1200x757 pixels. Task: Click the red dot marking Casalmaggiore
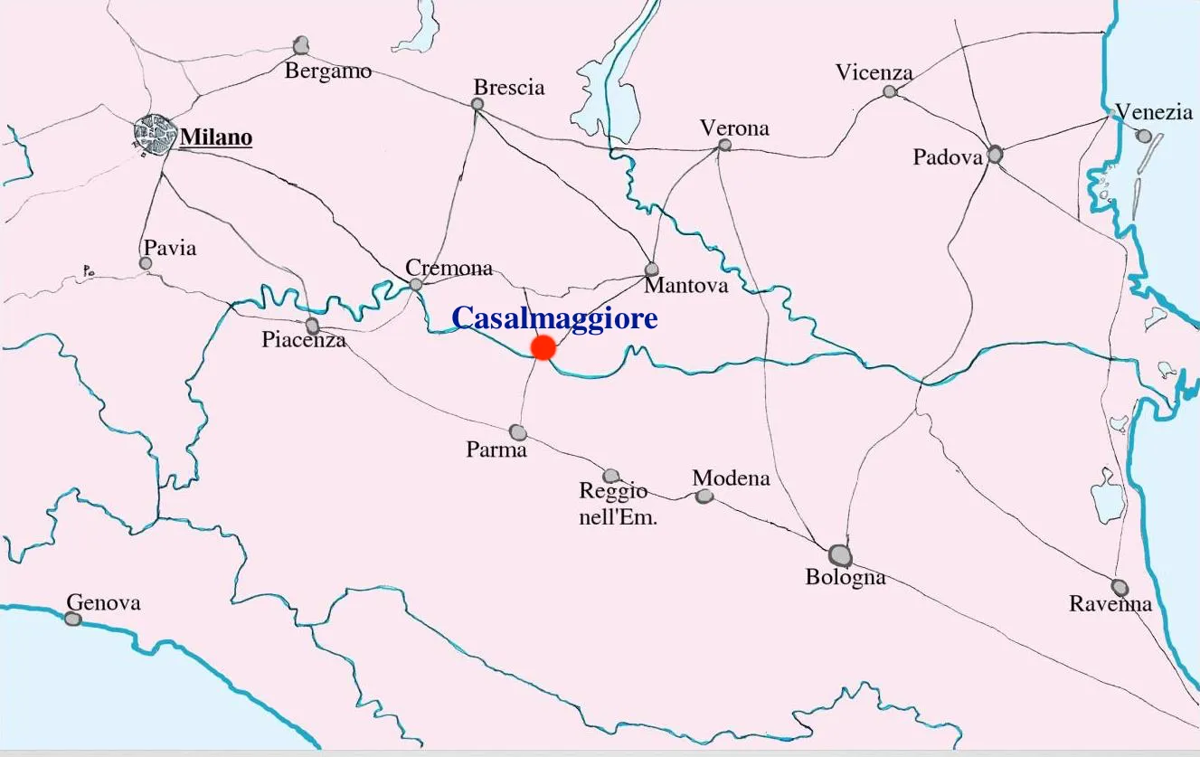pos(543,347)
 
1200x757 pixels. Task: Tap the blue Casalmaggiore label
pos(553,318)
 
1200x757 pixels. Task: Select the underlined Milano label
pos(216,137)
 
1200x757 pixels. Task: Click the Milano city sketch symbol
pos(153,136)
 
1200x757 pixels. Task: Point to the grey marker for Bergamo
pos(301,45)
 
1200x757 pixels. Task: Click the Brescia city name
pos(509,87)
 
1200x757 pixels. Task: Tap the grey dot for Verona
pos(724,145)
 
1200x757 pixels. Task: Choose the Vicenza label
pos(874,72)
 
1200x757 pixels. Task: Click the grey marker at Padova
pos(995,155)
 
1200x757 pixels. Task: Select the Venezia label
pos(1153,112)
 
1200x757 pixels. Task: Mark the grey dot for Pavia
pos(146,263)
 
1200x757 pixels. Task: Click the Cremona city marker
pos(416,285)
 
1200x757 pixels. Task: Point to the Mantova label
pos(685,286)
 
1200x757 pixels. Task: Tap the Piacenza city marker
pos(313,325)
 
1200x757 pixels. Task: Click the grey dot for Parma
pos(517,432)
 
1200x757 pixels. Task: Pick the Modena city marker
pos(704,496)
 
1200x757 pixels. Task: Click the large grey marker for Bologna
pos(840,554)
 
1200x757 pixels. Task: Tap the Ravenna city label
pos(1110,604)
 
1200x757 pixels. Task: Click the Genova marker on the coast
pos(73,619)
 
